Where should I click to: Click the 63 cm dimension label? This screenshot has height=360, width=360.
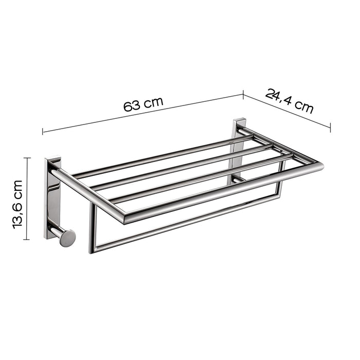(x=143, y=104)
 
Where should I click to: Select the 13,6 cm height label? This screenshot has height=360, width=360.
(x=19, y=203)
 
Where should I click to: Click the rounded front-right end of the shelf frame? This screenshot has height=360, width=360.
(x=320, y=166)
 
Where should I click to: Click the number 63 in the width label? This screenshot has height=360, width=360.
(x=132, y=106)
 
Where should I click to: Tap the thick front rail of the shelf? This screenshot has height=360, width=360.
(x=221, y=191)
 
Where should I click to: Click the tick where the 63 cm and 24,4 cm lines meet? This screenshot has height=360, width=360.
(x=243, y=94)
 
